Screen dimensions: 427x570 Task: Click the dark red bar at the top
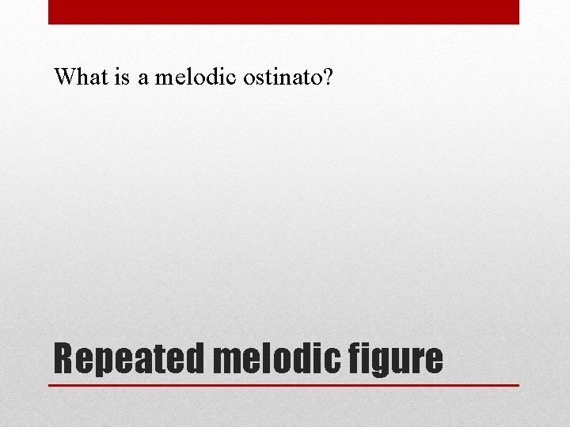pyautogui.click(x=283, y=12)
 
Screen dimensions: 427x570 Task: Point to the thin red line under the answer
pyautogui.click(x=283, y=385)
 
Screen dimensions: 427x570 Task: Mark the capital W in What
pyautogui.click(x=64, y=77)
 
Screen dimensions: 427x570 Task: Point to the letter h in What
pyautogui.click(x=80, y=77)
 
